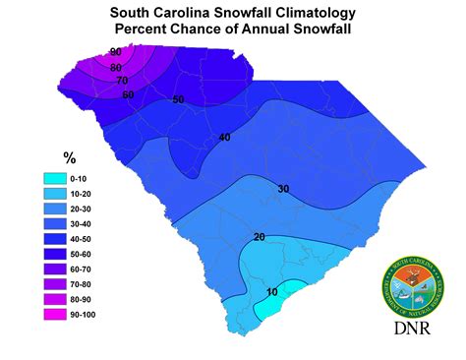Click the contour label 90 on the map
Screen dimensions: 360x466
[116, 52]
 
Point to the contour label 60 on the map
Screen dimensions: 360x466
[129, 94]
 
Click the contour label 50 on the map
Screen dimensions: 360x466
[179, 100]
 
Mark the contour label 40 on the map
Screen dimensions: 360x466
[224, 138]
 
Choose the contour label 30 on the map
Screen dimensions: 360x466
[283, 189]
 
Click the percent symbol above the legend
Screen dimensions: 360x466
[69, 155]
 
